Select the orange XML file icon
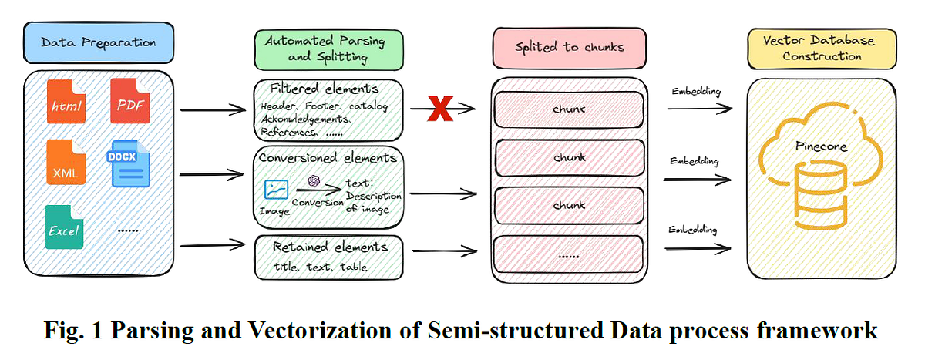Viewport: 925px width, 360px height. [66, 165]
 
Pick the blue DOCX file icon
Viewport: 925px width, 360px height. [129, 163]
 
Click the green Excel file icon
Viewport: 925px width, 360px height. [66, 227]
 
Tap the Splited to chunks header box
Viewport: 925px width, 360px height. [570, 47]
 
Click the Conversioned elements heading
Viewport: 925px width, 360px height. [328, 158]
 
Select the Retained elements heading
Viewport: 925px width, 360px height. [329, 247]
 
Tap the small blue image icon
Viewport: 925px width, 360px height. [276, 189]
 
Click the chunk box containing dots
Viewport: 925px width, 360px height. [568, 255]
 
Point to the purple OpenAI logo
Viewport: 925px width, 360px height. [313, 180]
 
